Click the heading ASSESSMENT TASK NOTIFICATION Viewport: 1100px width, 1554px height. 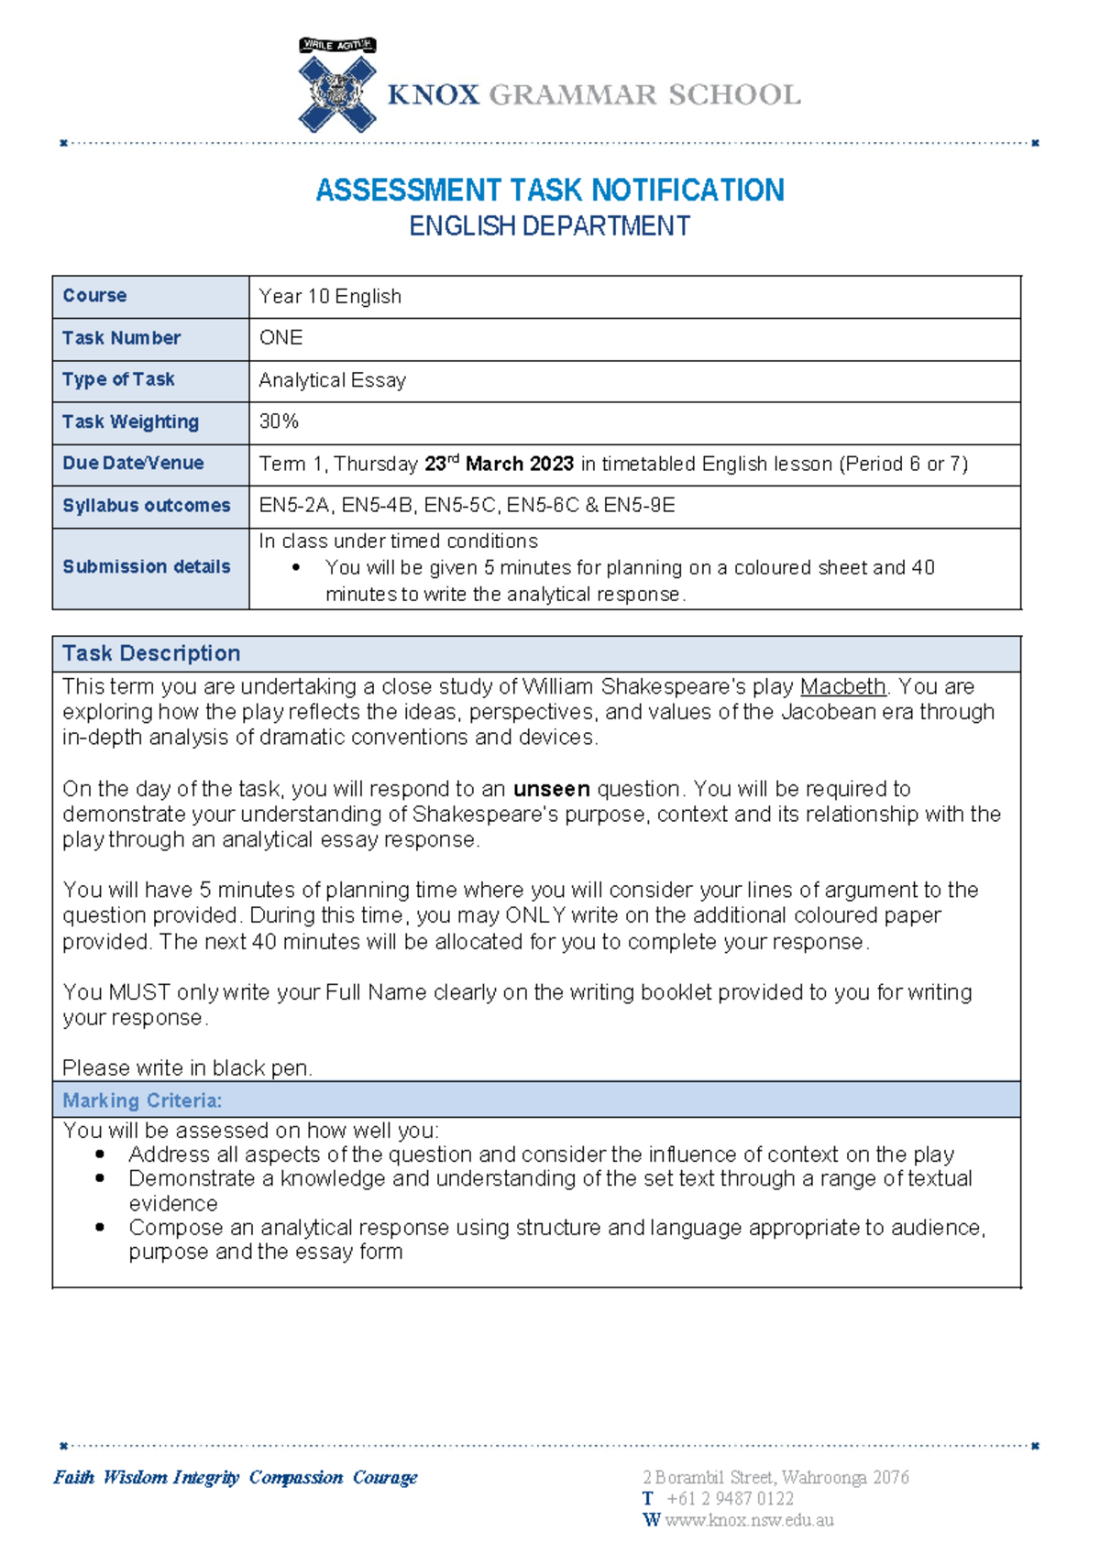550,191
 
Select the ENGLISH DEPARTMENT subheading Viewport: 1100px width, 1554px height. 549,226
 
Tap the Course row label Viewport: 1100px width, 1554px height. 94,296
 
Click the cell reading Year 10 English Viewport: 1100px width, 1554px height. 330,297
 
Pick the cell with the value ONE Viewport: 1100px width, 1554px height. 280,338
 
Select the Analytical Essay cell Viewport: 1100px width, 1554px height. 332,380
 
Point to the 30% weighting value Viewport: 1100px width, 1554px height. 279,421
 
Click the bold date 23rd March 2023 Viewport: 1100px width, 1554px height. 499,464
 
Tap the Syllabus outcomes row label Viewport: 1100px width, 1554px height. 147,506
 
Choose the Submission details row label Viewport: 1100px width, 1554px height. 147,567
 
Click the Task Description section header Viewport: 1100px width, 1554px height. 151,653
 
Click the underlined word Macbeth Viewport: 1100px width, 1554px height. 842,687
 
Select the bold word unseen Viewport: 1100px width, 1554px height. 551,790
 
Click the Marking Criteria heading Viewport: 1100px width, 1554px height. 142,1100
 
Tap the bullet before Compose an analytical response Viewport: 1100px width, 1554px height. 100,1228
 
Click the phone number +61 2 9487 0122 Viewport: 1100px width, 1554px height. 730,1499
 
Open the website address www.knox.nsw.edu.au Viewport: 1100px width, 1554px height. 749,1521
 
